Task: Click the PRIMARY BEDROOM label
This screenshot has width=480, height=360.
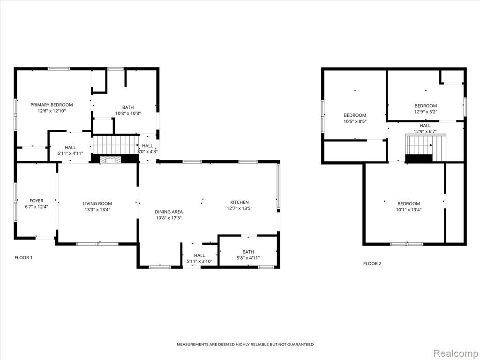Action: pos(52,105)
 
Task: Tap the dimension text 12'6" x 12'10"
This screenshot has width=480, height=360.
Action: pos(52,111)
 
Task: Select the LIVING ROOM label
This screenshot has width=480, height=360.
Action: pos(97,203)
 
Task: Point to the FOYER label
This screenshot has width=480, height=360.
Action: pos(37,201)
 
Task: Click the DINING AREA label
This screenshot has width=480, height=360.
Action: pos(169,212)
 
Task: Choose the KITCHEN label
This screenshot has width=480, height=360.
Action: pos(240,202)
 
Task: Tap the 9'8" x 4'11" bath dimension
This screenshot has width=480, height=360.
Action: pos(248,258)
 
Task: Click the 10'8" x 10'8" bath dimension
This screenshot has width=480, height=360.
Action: pos(128,113)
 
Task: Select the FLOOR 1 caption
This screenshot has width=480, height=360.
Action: pos(23,257)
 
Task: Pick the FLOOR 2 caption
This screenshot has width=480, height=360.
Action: pos(372,263)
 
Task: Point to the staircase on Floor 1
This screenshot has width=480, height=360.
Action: pos(116,145)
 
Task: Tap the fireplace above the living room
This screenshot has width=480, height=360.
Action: pos(111,159)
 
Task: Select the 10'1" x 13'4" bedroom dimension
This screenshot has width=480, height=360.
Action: pos(409,210)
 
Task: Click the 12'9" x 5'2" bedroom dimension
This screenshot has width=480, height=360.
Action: pos(426,112)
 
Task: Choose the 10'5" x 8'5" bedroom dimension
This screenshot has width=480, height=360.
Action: pos(355,121)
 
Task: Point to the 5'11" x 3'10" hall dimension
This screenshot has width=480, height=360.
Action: pos(199,262)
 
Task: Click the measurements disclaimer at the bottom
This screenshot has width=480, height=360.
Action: pos(245,345)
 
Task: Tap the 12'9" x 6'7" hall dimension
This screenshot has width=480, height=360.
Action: pos(425,131)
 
